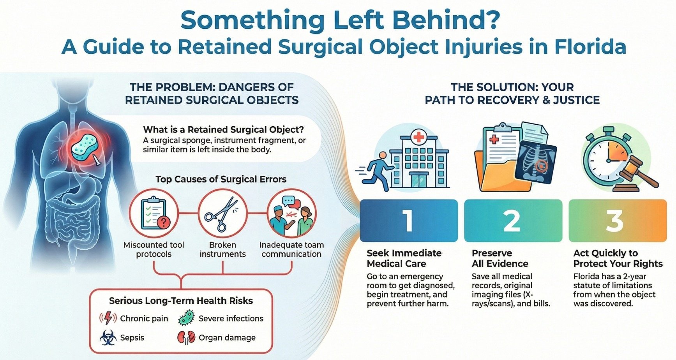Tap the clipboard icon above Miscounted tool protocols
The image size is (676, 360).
[154, 213]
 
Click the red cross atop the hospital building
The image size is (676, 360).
[419, 137]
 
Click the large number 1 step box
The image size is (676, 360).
[408, 221]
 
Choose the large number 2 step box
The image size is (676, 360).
[513, 221]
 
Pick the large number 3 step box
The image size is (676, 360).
[617, 221]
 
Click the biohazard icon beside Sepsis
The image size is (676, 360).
[108, 337]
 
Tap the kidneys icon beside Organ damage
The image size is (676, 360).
[186, 337]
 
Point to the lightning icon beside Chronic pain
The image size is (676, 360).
[108, 318]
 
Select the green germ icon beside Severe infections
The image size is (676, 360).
[186, 318]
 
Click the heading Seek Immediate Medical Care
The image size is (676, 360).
[404, 258]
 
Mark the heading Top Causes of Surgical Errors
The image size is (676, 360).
[221, 179]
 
